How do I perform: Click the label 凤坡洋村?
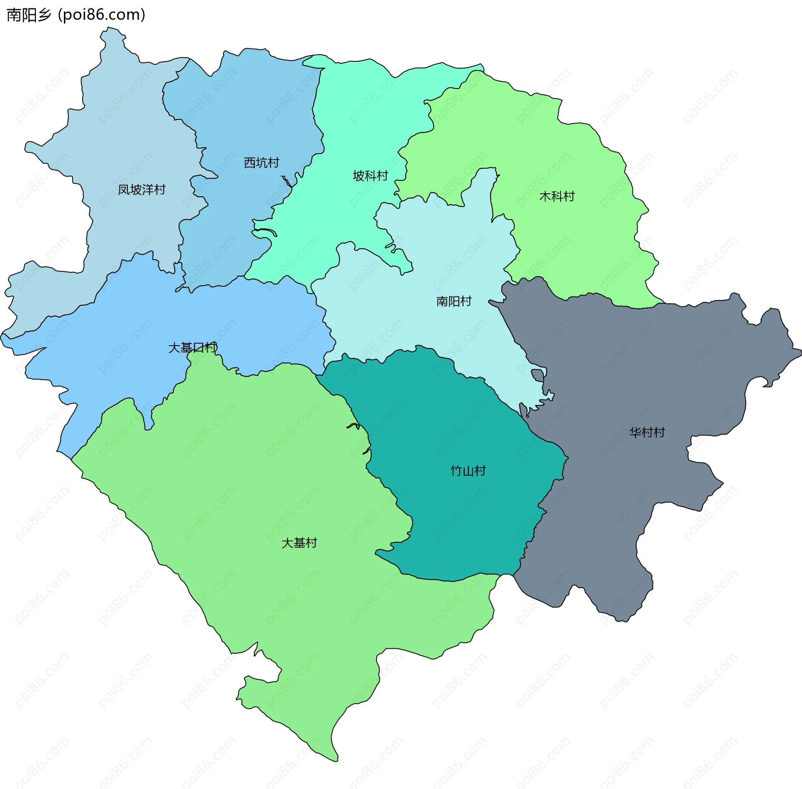(x=142, y=190)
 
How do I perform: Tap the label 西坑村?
(x=261, y=163)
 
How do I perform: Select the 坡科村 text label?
(x=371, y=176)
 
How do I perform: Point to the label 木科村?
(x=557, y=196)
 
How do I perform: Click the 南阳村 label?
(x=454, y=301)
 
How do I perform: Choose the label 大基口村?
(x=193, y=347)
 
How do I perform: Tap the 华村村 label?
(x=647, y=432)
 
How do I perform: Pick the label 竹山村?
(x=468, y=471)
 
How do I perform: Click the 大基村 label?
(x=299, y=543)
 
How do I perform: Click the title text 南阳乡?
(x=29, y=15)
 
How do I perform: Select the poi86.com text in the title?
(x=102, y=15)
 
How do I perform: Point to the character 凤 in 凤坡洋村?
(x=124, y=190)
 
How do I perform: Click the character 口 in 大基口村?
(x=199, y=347)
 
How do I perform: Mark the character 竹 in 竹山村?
(x=456, y=471)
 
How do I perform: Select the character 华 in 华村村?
(x=635, y=432)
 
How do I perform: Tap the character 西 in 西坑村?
(x=249, y=163)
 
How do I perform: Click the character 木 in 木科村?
(x=545, y=196)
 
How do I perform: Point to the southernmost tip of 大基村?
(x=336, y=761)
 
